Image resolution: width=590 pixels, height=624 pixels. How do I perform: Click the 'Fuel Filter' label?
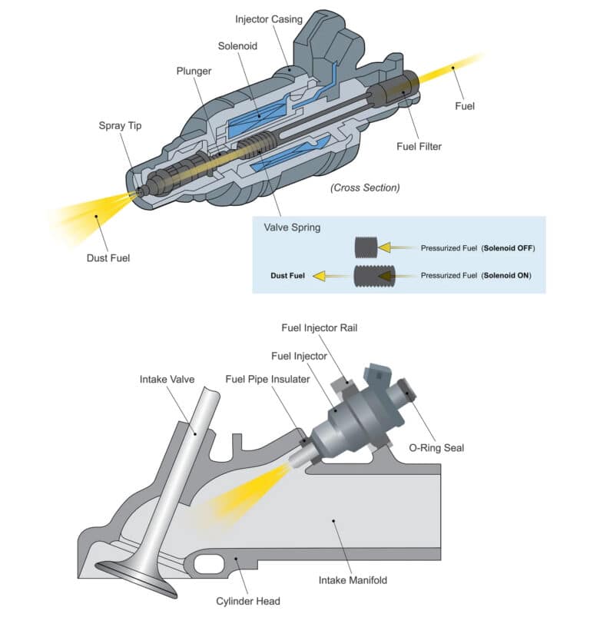point(419,146)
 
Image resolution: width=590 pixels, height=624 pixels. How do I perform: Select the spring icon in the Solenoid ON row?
point(375,274)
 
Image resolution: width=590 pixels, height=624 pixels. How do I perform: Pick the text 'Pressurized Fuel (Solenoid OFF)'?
point(477,248)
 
